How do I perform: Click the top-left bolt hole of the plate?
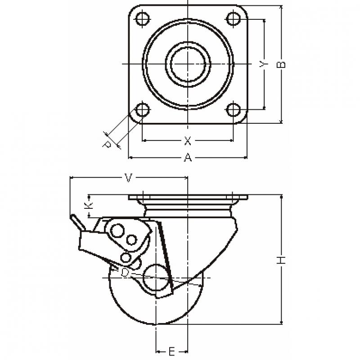pyautogui.click(x=143, y=18)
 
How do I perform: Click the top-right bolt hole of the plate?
pyautogui.click(x=233, y=18)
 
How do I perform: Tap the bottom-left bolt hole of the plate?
pyautogui.click(x=143, y=110)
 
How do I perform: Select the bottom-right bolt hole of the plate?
pyautogui.click(x=233, y=110)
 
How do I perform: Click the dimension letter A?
pyautogui.click(x=188, y=158)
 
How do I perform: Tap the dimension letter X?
pyautogui.click(x=188, y=141)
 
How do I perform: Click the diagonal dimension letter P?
pyautogui.click(x=107, y=144)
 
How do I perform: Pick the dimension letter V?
pyautogui.click(x=128, y=178)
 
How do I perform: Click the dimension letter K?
pyautogui.click(x=88, y=206)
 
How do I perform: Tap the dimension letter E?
pyautogui.click(x=171, y=351)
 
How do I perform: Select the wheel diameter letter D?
pyautogui.click(x=125, y=273)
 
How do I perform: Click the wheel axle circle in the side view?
pyautogui.click(x=156, y=278)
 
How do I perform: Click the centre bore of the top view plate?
pyautogui.click(x=188, y=64)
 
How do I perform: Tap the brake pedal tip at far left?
pyautogui.click(x=72, y=216)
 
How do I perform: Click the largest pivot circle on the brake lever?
pyautogui.click(x=117, y=230)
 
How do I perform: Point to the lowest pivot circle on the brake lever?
pyautogui.click(x=126, y=257)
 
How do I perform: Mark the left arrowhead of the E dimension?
pyautogui.click(x=158, y=351)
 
